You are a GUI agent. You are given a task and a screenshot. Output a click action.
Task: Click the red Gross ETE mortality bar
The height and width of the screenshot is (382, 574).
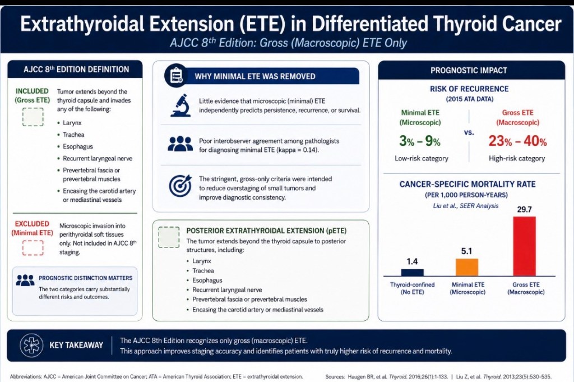[524, 246]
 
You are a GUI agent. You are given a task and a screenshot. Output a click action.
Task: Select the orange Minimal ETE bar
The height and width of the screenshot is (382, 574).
[467, 267]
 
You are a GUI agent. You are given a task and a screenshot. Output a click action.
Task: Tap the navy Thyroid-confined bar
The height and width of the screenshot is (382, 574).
[412, 272]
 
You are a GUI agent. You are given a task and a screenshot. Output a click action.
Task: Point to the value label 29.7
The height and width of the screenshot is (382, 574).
[524, 209]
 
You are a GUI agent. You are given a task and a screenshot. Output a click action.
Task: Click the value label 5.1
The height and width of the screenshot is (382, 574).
[466, 251]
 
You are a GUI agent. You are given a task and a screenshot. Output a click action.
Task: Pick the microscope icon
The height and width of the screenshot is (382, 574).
[180, 105]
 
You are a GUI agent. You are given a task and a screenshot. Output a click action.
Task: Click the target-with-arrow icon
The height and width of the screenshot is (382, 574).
[180, 186]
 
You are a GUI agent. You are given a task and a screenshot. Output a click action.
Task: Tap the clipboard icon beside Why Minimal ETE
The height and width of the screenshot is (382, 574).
[176, 76]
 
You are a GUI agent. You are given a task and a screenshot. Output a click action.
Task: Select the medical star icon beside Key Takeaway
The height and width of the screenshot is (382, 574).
[31, 346]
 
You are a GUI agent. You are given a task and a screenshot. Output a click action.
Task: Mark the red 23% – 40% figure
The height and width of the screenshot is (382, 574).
[517, 141]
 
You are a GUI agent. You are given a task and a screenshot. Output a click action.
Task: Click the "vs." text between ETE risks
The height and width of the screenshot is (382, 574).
[469, 132]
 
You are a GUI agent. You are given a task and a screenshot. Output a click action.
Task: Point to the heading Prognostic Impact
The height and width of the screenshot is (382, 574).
[469, 70]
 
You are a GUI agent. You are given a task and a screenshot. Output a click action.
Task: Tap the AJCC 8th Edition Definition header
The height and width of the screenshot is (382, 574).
[76, 69]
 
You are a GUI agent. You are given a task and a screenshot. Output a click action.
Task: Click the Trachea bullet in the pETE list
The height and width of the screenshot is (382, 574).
[203, 271]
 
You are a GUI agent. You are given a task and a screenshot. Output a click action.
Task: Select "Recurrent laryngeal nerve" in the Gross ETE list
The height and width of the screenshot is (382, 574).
[98, 159]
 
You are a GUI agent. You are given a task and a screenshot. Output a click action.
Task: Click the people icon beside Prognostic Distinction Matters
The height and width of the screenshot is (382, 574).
[25, 280]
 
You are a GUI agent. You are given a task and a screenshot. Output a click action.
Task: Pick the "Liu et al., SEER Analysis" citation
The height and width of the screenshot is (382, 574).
[466, 206]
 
